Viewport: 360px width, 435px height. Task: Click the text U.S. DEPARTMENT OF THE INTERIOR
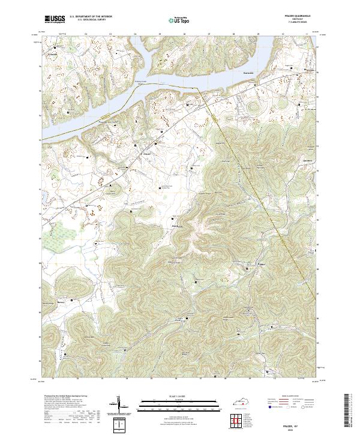pyautogui.click(x=91, y=17)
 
